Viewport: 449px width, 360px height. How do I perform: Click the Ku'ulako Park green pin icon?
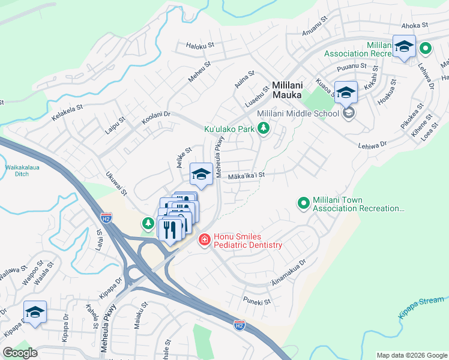point(262,128)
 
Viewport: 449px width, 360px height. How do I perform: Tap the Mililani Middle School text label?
point(298,113)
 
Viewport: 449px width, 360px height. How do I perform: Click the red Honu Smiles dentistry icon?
point(204,240)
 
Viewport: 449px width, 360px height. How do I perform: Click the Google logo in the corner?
point(20,353)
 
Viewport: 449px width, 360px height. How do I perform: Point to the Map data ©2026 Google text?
point(411,355)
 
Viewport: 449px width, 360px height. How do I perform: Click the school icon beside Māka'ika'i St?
point(201,175)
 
